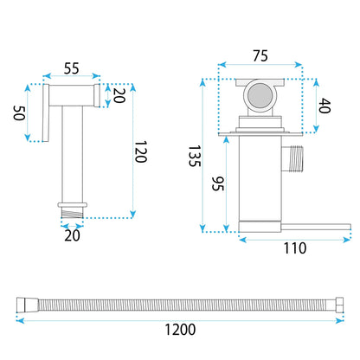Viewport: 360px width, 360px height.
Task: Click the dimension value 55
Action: (71, 68)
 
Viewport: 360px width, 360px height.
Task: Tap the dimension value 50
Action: (19, 112)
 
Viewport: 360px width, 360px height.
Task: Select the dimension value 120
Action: (141, 151)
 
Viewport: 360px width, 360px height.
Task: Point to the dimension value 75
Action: (260, 56)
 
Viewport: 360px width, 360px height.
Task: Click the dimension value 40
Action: (325, 106)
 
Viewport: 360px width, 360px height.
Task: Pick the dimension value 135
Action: (194, 156)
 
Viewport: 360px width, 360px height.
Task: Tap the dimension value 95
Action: (218, 183)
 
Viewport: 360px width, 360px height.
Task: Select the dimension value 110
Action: (295, 248)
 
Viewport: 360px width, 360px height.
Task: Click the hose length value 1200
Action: (180, 330)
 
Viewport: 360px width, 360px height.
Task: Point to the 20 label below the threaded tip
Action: (72, 235)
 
